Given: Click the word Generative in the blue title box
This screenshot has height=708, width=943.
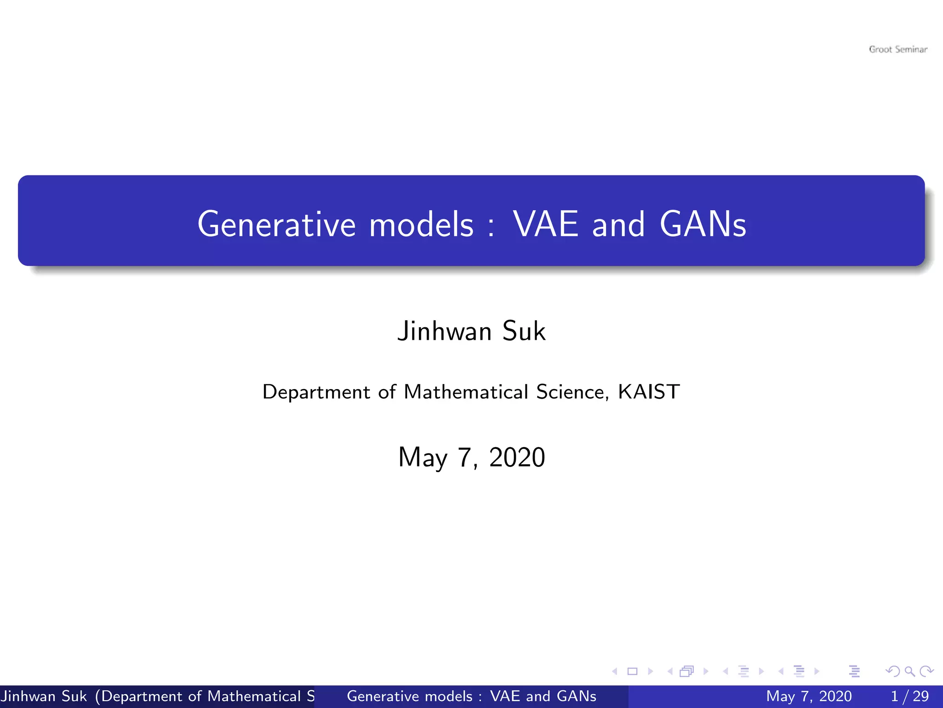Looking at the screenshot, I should point(276,224).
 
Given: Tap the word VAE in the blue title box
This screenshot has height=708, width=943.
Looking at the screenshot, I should point(546,224).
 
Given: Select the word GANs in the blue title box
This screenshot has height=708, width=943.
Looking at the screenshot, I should point(703,224).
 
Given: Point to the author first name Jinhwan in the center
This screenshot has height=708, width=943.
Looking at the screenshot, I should point(445,331).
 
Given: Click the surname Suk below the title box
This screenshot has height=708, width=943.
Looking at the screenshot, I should point(524,331).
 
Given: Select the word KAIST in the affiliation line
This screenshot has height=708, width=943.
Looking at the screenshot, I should point(648,392).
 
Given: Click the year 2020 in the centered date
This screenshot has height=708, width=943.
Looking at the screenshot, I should point(517,457).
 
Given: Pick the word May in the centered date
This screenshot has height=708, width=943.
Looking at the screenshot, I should point(423,457).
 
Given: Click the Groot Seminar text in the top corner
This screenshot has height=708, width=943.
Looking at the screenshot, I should point(898,49).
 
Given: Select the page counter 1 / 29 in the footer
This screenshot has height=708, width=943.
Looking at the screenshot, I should point(909,696).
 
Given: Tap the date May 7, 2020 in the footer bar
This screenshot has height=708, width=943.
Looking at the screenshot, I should point(809,696).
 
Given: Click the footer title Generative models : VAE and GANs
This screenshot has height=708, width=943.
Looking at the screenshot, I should point(471,696).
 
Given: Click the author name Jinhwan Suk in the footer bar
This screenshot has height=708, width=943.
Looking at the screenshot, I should point(44,696).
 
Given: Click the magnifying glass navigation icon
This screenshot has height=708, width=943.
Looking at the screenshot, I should point(909,671).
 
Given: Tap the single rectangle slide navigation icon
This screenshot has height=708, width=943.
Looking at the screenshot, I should point(632,671).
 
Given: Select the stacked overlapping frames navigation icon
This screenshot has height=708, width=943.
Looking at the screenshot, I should point(687,671).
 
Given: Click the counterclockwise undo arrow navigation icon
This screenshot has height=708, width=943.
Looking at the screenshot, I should point(892,671).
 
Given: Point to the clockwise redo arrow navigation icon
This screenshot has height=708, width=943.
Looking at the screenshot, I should point(926,671).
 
